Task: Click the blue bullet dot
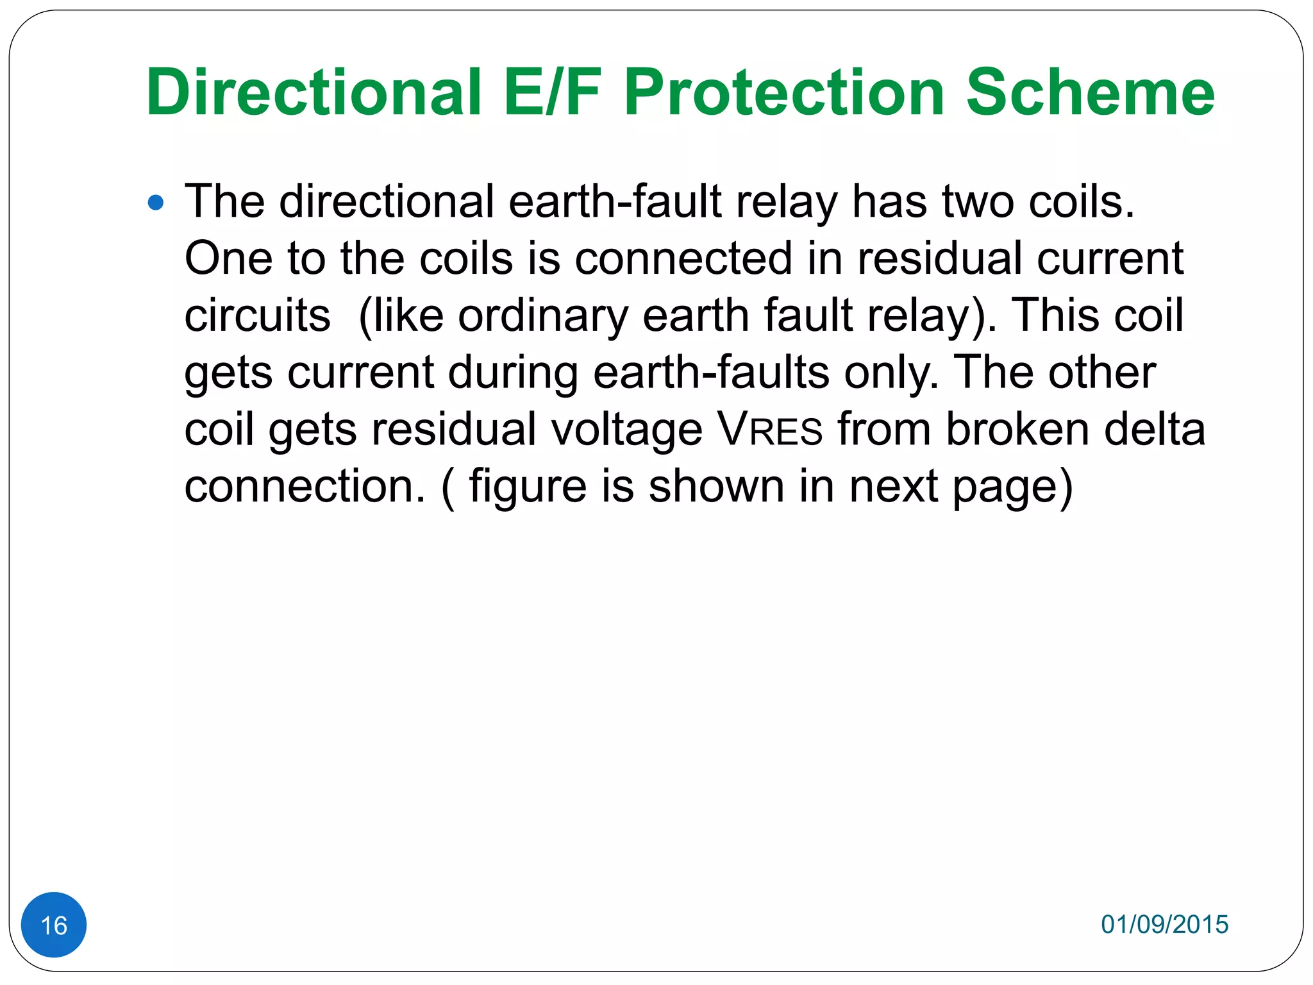pos(156,203)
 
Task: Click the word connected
pos(683,258)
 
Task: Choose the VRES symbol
pos(770,429)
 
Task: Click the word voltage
pos(626,430)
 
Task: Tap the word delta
pos(1155,429)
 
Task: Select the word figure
pos(528,487)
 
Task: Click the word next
pos(894,487)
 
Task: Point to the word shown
pos(716,486)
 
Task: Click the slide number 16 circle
pos(54,925)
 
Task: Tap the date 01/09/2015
pos(1164,924)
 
